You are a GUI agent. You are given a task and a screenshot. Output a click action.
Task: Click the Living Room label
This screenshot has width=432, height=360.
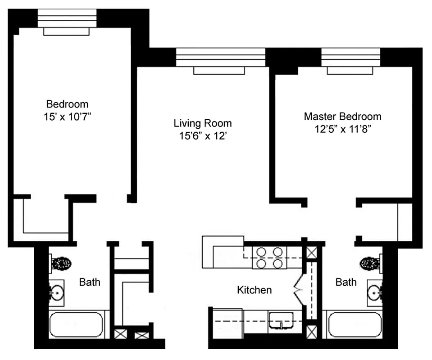click(203, 123)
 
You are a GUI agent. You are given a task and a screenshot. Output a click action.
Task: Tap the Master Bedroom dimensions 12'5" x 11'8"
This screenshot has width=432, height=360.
click(342, 128)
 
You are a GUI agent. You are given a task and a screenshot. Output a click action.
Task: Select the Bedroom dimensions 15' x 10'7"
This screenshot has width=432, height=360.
click(68, 116)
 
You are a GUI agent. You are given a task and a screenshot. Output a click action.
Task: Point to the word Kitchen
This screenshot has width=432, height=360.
click(255, 290)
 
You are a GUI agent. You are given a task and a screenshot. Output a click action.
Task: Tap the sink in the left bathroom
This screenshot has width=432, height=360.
click(57, 292)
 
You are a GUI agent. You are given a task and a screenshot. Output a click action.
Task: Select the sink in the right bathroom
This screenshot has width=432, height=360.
click(375, 292)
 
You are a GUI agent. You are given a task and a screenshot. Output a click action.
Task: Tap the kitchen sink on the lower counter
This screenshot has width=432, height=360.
click(281, 321)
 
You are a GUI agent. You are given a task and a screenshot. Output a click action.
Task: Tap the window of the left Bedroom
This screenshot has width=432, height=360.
click(67, 18)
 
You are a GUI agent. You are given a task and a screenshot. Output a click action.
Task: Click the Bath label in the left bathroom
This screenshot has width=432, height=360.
click(90, 283)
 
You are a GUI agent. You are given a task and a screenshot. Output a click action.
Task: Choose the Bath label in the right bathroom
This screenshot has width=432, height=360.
click(346, 283)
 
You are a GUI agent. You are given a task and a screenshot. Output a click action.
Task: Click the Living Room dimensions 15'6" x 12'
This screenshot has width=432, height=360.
click(203, 135)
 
